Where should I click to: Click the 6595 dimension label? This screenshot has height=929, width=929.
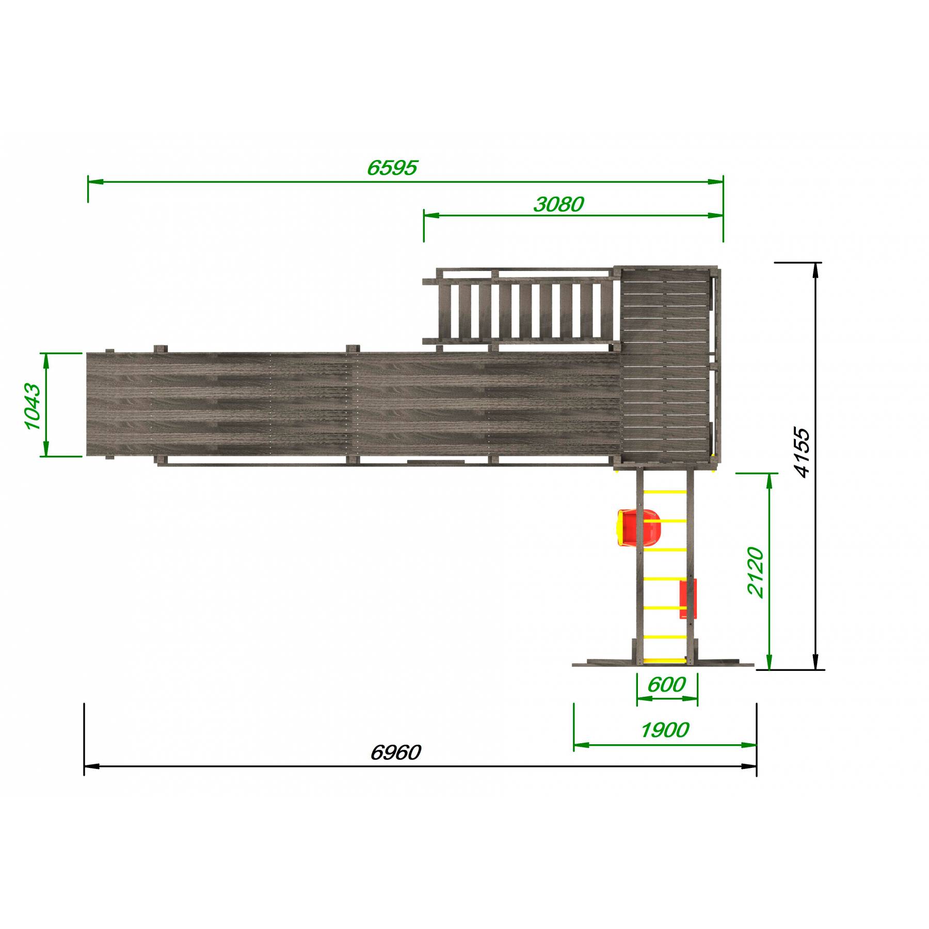(392, 168)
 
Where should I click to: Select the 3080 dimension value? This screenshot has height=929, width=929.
(558, 205)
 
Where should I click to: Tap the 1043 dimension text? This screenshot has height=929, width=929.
(32, 407)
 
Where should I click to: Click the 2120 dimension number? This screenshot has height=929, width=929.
(755, 573)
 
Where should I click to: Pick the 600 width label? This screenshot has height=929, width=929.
(666, 685)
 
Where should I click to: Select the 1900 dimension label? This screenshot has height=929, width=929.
(665, 730)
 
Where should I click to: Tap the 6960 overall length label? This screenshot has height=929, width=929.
(396, 753)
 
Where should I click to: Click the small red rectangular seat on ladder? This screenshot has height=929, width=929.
(688, 599)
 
